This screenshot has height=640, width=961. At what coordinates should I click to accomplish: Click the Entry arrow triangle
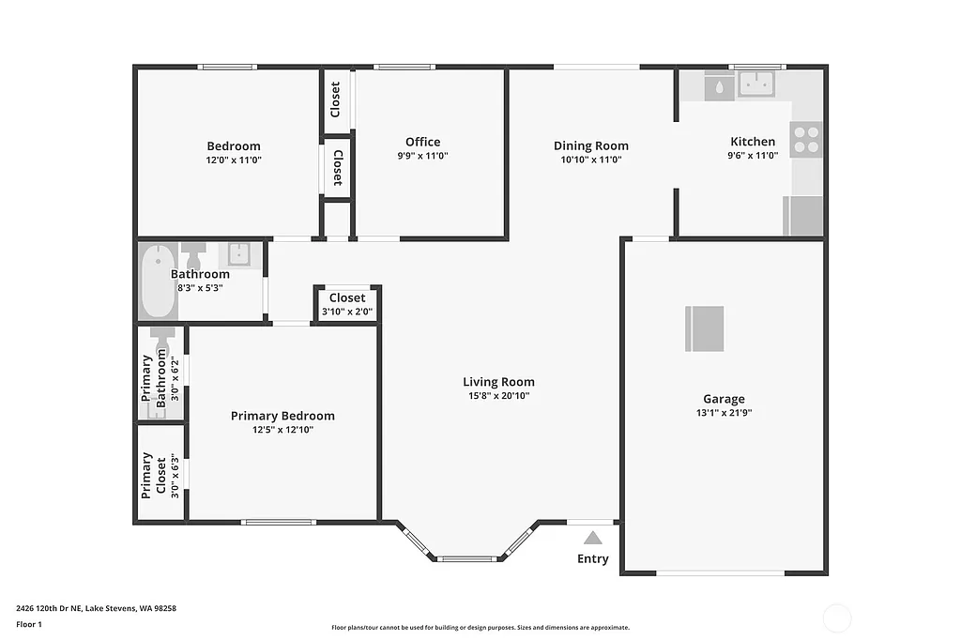(592, 538)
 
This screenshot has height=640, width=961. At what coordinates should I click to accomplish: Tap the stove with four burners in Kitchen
(806, 139)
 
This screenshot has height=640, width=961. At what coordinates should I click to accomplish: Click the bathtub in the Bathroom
(159, 281)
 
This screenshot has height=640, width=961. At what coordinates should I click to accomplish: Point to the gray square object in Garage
(704, 328)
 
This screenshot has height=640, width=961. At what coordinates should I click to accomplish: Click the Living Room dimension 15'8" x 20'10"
(498, 396)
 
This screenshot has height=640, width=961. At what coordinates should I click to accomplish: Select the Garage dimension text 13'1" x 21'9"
(724, 412)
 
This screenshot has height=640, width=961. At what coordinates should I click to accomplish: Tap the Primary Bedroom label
(282, 416)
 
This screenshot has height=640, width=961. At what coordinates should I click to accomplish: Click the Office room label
(422, 142)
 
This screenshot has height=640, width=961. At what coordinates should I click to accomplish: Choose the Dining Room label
(590, 145)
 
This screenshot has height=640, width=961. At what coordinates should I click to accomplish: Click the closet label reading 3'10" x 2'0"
(347, 312)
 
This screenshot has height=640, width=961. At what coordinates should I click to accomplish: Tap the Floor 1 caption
(29, 624)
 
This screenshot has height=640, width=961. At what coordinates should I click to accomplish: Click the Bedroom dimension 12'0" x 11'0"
(234, 160)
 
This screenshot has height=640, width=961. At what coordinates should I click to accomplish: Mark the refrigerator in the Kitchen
(803, 216)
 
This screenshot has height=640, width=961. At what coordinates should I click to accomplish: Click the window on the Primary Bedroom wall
(278, 522)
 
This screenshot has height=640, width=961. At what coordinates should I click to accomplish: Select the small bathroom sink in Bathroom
(237, 253)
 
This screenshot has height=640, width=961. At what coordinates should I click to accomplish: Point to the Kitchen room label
(753, 142)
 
